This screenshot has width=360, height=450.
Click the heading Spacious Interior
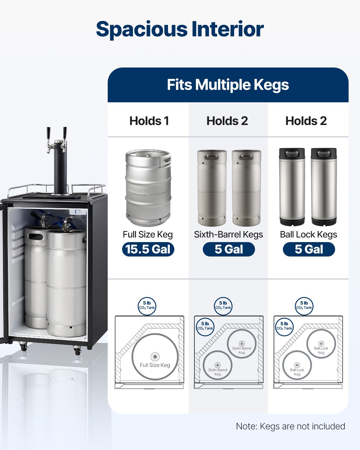180,29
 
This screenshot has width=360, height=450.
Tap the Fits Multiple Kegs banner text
228,85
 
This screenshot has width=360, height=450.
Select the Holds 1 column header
149,121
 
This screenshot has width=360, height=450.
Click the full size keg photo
148,188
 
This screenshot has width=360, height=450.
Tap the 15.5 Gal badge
148,249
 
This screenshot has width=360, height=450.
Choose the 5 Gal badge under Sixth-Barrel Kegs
229,249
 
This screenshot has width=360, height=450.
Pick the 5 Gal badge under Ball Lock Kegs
309,249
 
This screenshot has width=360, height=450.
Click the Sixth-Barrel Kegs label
228,234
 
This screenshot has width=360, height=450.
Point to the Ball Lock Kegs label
308,234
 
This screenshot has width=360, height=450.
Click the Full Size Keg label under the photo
148,234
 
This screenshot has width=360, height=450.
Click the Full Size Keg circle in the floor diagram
155,357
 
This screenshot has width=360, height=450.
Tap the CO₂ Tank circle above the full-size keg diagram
147,306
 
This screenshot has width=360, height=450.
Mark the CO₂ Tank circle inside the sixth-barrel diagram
205,326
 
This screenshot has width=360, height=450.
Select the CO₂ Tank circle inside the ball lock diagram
284,326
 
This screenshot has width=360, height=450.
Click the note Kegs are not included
290,426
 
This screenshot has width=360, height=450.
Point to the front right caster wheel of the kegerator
76,350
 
